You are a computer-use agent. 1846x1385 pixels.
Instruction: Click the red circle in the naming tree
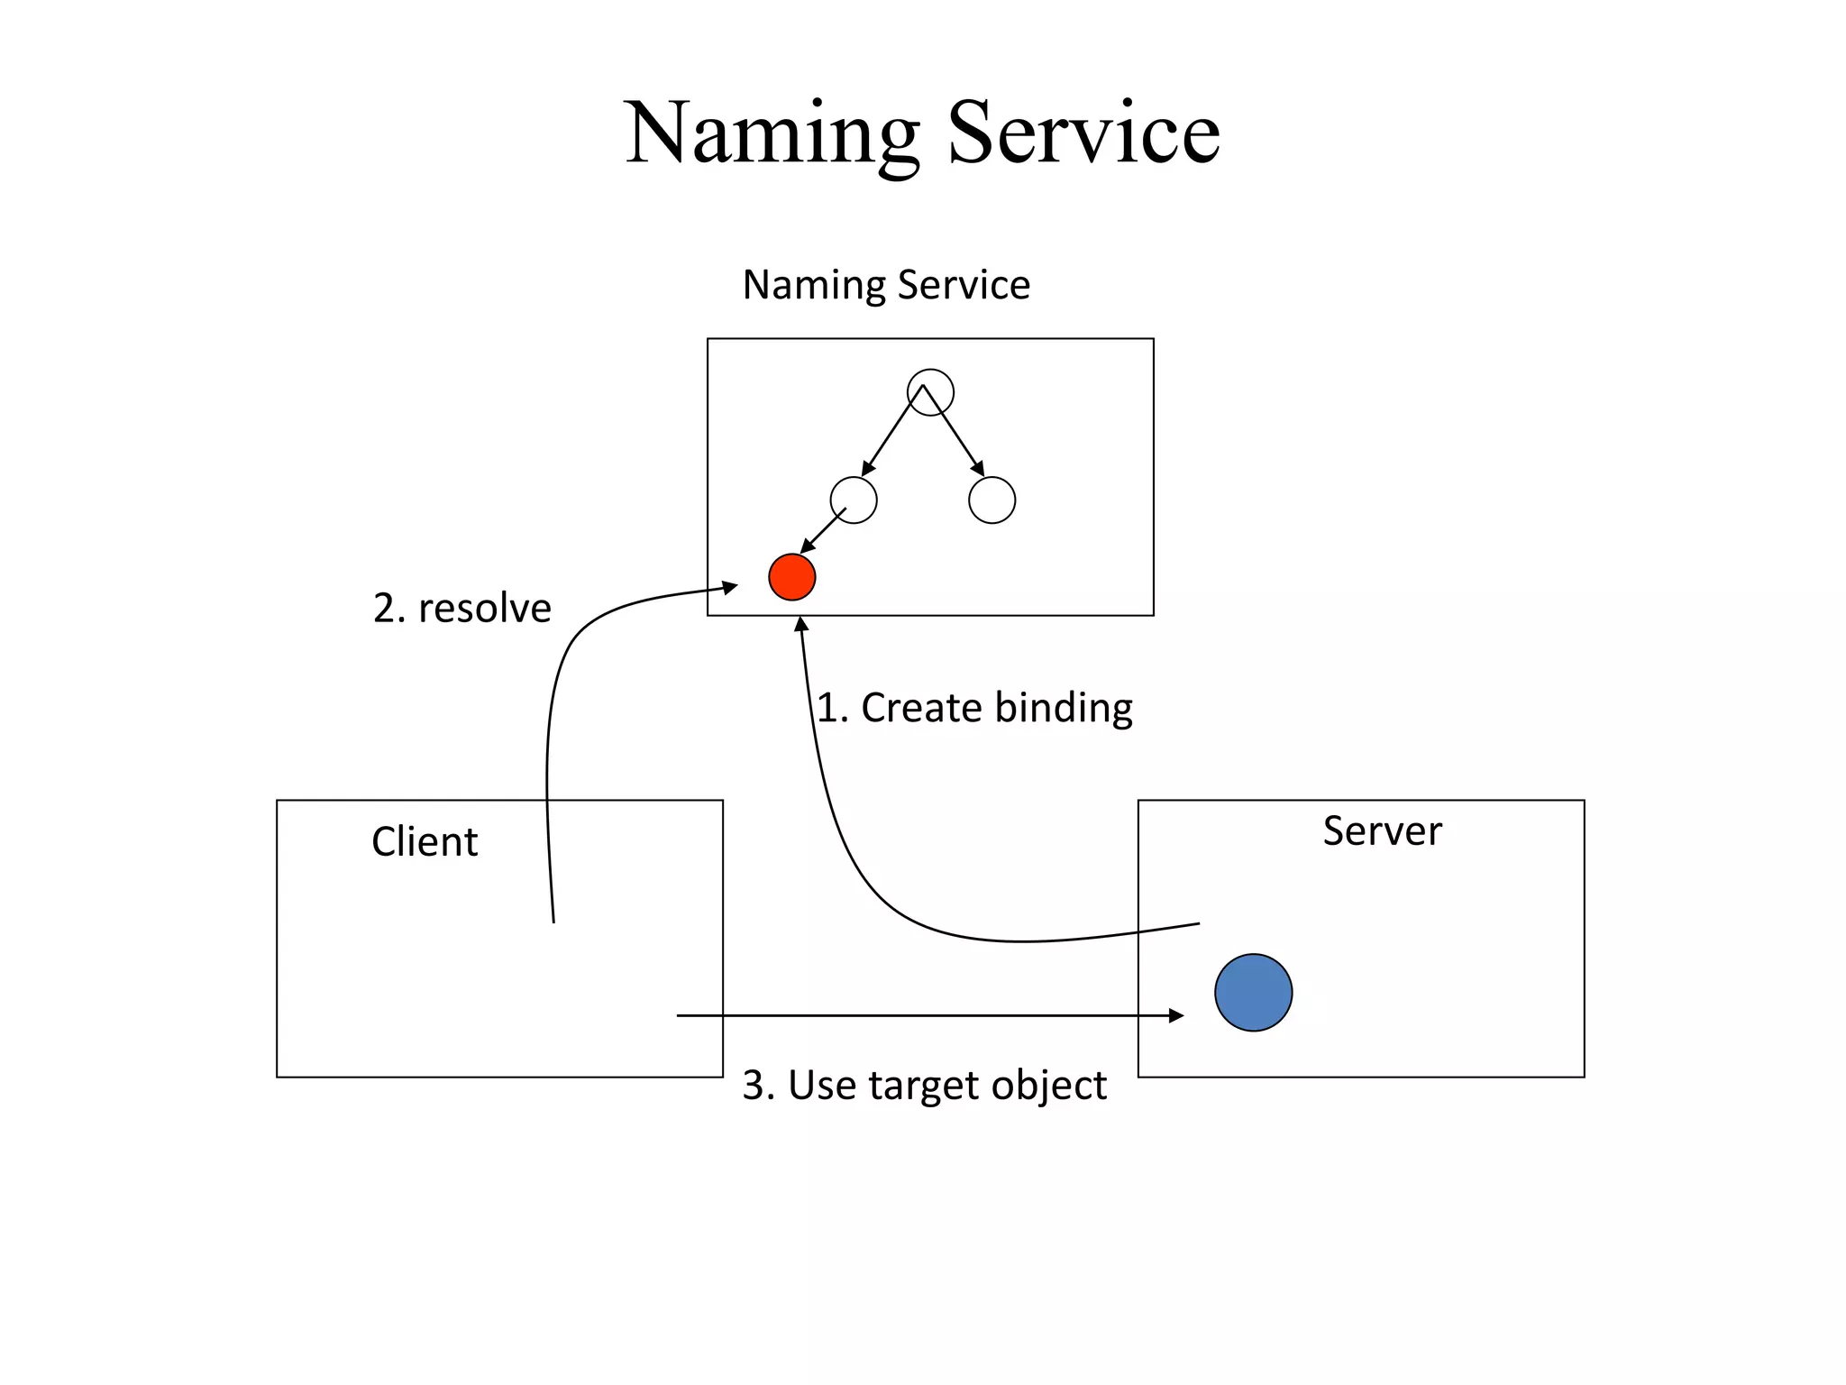(791, 577)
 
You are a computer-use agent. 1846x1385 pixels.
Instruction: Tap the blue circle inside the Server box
(1253, 992)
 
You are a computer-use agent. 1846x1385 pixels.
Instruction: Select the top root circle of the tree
(930, 392)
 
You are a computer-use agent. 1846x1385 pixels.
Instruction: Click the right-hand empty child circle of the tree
(992, 500)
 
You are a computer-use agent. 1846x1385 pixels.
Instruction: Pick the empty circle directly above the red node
(853, 500)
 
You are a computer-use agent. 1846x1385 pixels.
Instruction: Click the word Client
(425, 841)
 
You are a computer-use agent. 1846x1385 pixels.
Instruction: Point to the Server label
(1381, 830)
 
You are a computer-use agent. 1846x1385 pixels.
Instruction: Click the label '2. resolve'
(461, 609)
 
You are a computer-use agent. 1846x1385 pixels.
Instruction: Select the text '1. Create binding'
(973, 708)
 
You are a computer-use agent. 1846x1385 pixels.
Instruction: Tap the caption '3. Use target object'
(923, 1085)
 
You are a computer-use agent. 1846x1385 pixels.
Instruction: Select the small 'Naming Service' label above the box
(885, 285)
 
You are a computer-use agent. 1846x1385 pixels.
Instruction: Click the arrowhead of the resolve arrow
(731, 587)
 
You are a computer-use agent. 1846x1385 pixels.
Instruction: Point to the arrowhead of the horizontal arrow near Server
(1176, 1015)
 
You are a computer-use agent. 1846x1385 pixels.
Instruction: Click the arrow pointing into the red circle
(822, 532)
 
